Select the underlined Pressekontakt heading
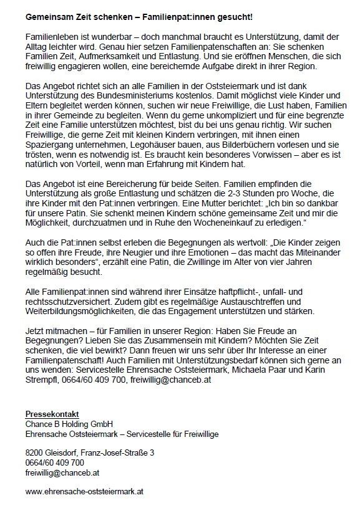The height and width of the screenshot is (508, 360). tap(52, 414)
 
